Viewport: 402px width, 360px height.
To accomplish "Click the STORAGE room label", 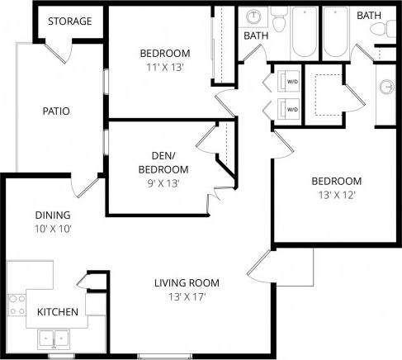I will (69, 21).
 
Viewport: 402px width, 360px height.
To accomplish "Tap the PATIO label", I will (55, 111).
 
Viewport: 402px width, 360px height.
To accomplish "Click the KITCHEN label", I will (58, 312).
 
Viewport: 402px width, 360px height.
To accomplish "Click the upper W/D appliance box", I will (290, 82).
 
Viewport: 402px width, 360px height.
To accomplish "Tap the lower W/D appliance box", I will (290, 107).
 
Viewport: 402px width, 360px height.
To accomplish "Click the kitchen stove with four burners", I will (14, 306).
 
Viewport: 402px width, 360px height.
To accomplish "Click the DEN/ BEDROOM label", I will (157, 161).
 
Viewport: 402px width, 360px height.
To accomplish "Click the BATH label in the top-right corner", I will (368, 15).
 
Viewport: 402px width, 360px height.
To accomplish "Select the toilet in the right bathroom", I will (382, 29).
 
